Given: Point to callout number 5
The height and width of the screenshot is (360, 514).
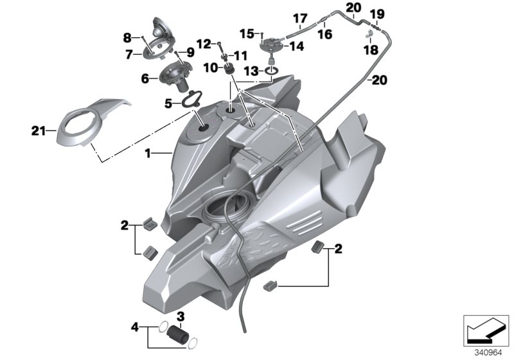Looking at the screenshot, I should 168,103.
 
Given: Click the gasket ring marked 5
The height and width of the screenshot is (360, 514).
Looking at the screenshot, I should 190,100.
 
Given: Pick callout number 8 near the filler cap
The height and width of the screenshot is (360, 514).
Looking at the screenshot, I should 127,37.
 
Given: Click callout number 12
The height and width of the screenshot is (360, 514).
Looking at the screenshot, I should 204,44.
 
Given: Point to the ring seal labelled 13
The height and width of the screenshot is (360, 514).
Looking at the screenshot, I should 271,70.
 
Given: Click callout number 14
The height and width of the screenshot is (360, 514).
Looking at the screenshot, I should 296,46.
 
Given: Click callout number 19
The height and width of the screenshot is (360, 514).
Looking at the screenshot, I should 377,14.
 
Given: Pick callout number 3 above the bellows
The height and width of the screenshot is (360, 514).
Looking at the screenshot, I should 181,316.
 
